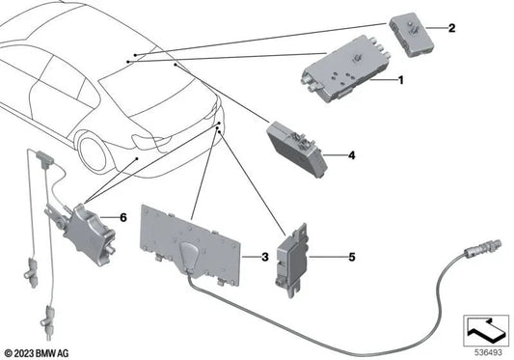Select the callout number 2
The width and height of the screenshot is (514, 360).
[x=449, y=28]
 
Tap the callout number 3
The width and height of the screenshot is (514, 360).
[x=263, y=257]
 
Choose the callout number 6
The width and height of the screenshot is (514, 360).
[x=122, y=218]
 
